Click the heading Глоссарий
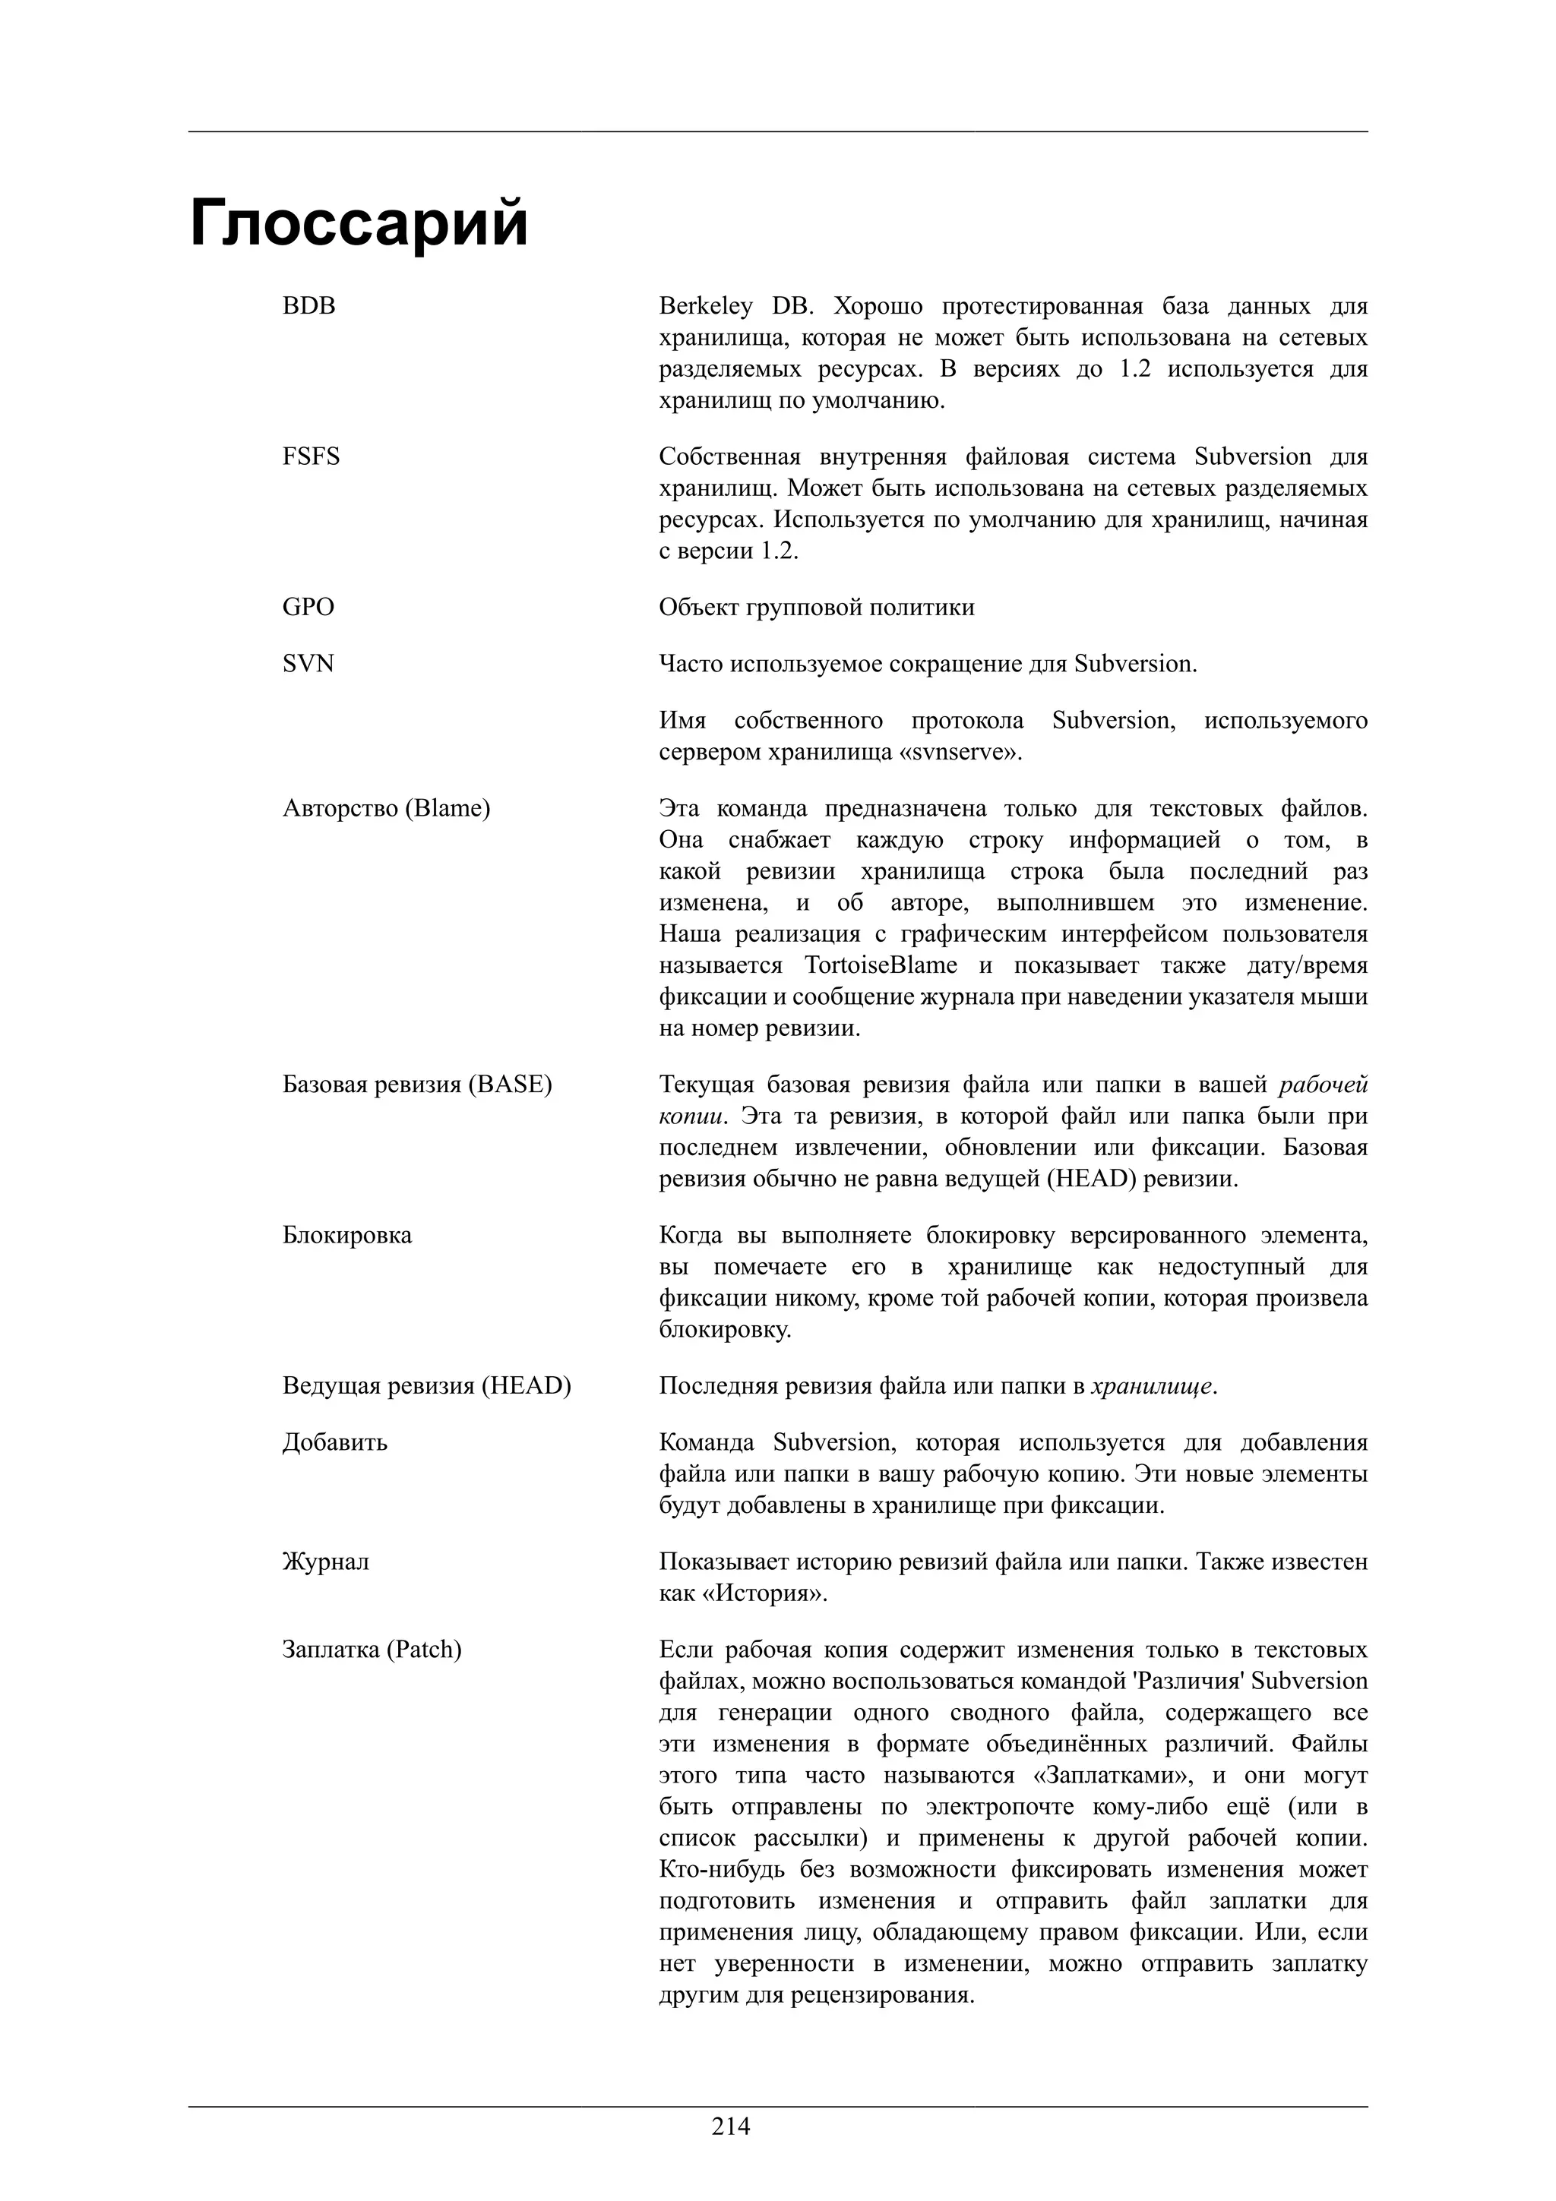click(x=359, y=223)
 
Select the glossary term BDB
click(x=308, y=306)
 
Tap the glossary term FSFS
click(x=311, y=456)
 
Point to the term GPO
click(x=308, y=607)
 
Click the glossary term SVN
click(x=308, y=663)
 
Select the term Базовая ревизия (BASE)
click(x=417, y=1085)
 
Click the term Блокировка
click(x=346, y=1235)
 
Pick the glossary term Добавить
click(x=334, y=1442)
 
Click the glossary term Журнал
click(x=325, y=1562)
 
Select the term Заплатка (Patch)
click(x=372, y=1650)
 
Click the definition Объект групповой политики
click(x=816, y=607)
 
